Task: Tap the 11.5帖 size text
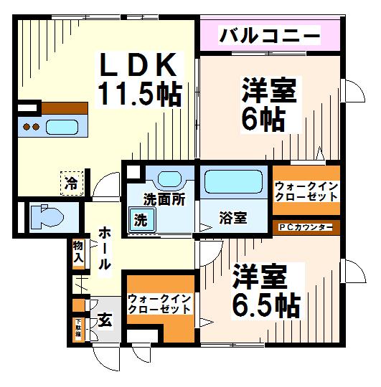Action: [x=138, y=94]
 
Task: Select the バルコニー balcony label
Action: [x=269, y=34]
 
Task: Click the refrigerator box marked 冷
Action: [x=72, y=182]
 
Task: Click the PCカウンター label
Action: [x=305, y=228]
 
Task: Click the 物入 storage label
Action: [x=78, y=251]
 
